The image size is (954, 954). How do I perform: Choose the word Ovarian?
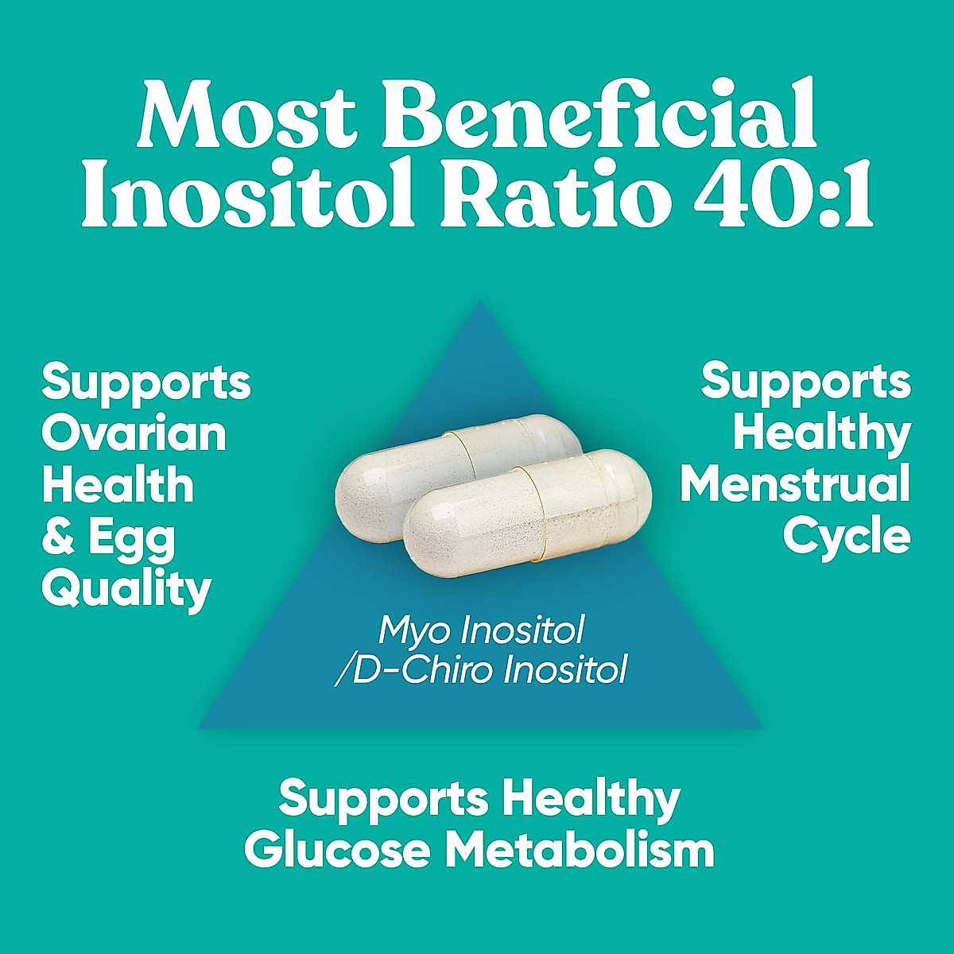[x=134, y=434]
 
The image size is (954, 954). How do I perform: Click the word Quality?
[x=126, y=590]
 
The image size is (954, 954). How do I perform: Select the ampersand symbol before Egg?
[x=58, y=538]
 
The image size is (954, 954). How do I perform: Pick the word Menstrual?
[x=795, y=485]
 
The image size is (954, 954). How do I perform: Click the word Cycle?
[x=846, y=537]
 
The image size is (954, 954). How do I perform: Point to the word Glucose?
[x=338, y=851]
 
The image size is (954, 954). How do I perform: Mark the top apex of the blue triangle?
[x=480, y=302]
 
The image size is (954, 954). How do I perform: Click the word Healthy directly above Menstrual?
[x=822, y=434]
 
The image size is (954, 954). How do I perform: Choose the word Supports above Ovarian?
[x=146, y=382]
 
